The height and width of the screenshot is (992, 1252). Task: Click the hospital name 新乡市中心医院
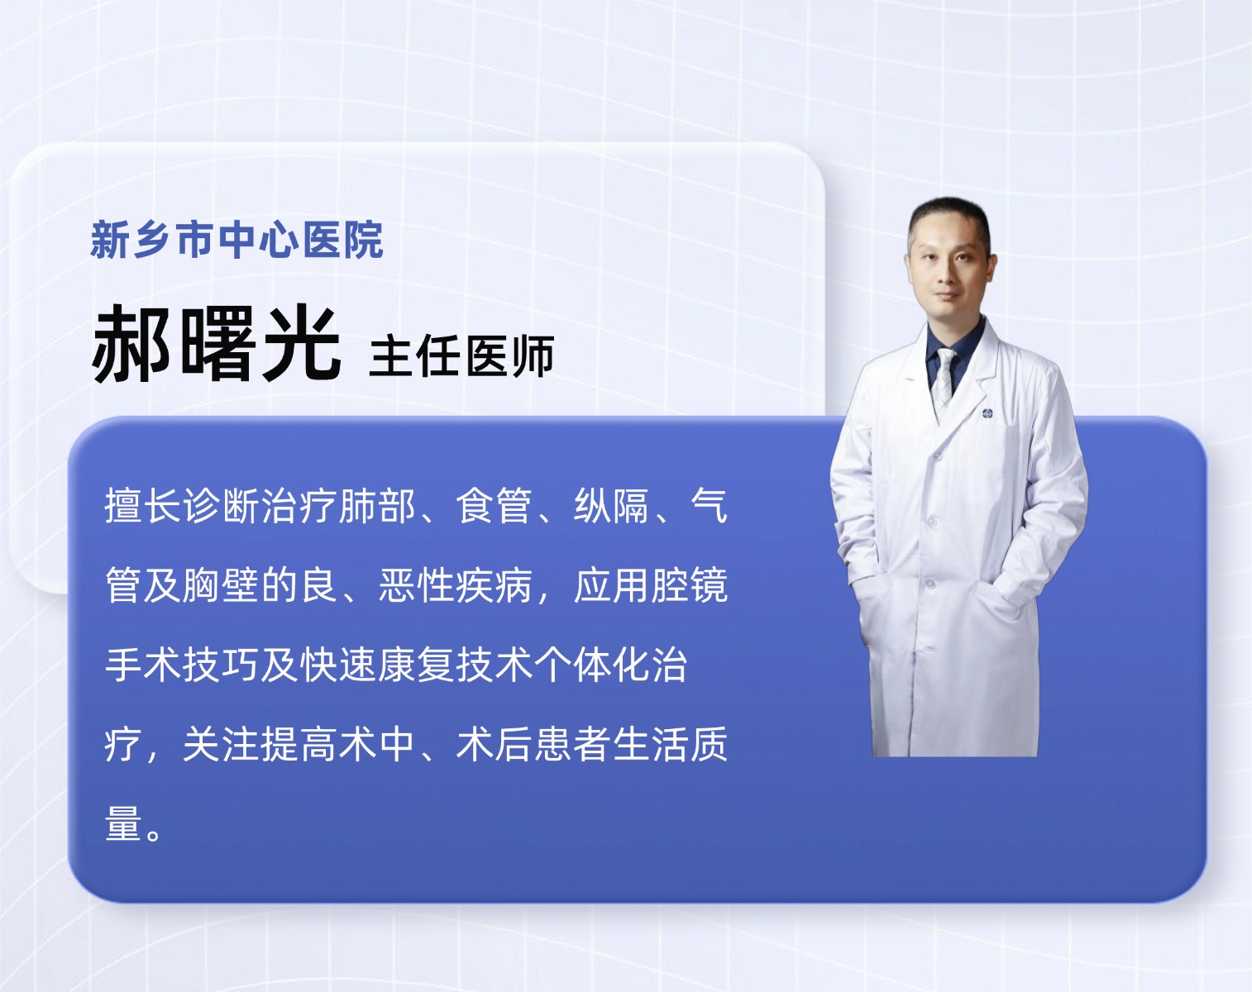237,240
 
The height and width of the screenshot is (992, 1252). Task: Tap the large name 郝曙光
216,344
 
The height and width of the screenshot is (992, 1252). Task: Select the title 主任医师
461,356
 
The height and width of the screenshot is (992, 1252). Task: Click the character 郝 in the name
131,344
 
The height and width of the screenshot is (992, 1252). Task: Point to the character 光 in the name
301,344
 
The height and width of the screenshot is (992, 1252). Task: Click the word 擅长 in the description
143,506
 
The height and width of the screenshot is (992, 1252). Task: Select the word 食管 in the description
494,506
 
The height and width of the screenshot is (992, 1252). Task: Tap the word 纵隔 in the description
611,506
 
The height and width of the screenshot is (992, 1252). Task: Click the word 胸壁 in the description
221,584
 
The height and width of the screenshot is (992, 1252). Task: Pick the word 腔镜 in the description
690,584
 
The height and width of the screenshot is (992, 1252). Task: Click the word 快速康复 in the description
377,665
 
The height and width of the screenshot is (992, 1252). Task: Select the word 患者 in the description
572,744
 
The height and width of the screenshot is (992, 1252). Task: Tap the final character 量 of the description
124,823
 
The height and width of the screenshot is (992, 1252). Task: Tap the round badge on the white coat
987,413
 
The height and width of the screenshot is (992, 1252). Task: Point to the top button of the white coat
936,455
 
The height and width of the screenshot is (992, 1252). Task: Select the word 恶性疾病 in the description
456,584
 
